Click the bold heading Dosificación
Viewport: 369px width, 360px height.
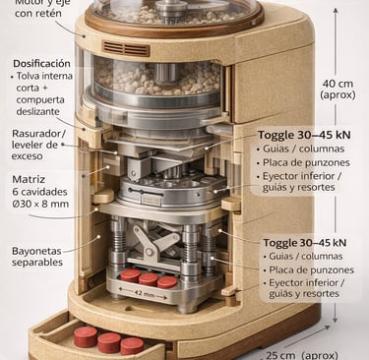pos(41,63)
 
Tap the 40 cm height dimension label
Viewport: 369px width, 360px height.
pos(338,89)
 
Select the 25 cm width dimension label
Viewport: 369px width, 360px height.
pos(302,355)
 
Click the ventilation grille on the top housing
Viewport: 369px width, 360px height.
pos(126,48)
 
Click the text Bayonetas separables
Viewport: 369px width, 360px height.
pos(36,257)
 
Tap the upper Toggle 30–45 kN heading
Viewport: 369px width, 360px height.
pos(304,135)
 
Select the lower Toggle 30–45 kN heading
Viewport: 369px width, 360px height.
pos(305,243)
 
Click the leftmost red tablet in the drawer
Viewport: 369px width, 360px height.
pos(86,336)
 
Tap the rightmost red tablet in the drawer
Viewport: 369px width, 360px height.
pos(132,346)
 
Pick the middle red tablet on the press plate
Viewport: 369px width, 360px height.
pos(148,279)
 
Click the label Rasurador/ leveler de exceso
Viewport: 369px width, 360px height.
pos(38,145)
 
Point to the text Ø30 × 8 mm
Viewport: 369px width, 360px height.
pos(40,204)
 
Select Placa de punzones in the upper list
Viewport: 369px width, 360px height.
pos(306,162)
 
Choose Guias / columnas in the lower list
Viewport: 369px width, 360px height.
pos(306,256)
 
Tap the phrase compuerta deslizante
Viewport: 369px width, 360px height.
pos(40,105)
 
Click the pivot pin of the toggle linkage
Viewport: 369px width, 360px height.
pos(150,252)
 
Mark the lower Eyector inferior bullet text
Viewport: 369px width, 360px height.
pos(307,288)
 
